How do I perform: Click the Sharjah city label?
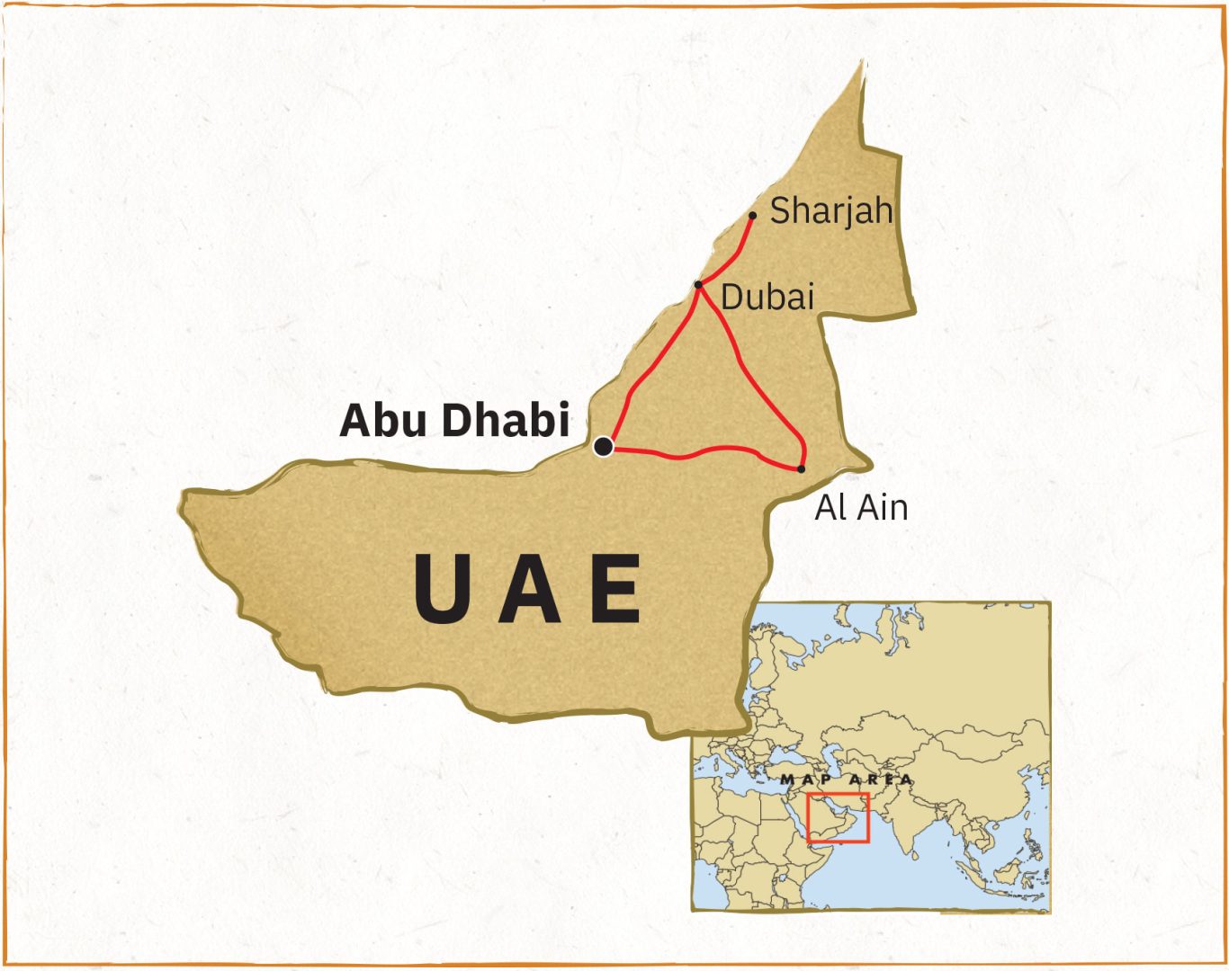point(830,210)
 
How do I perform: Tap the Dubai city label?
point(767,297)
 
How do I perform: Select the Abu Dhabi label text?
point(454,420)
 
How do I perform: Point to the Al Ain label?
point(861,508)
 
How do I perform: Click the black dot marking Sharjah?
point(752,216)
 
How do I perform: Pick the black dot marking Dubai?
point(698,285)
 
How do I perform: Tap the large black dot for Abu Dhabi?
point(604,446)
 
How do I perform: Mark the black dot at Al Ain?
point(801,468)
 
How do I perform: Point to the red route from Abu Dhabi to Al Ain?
point(702,451)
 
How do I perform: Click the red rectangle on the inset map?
point(838,818)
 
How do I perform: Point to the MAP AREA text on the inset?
point(846,780)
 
